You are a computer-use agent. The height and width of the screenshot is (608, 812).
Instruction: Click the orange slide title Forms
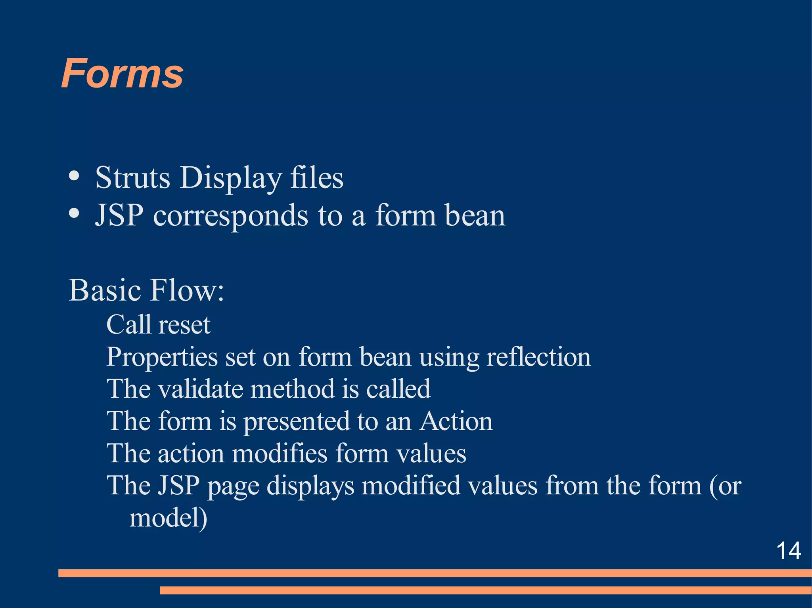tap(122, 74)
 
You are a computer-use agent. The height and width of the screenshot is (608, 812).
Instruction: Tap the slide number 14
tap(789, 551)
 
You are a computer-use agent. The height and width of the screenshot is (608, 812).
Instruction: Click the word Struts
tap(132, 177)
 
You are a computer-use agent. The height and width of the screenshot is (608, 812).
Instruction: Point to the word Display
tap(231, 178)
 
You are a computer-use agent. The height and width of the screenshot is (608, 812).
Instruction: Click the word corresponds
tap(230, 216)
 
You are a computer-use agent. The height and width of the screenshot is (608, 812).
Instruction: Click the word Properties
tap(162, 357)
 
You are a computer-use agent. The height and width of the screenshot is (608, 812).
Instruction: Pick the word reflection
tap(538, 357)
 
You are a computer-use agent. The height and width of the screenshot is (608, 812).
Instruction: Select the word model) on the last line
tap(169, 518)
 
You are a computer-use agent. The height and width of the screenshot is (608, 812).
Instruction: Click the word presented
tap(297, 421)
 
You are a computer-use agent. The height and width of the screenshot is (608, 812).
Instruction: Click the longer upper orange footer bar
tap(435, 573)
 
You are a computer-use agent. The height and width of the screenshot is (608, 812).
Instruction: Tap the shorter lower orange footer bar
tap(485, 590)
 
